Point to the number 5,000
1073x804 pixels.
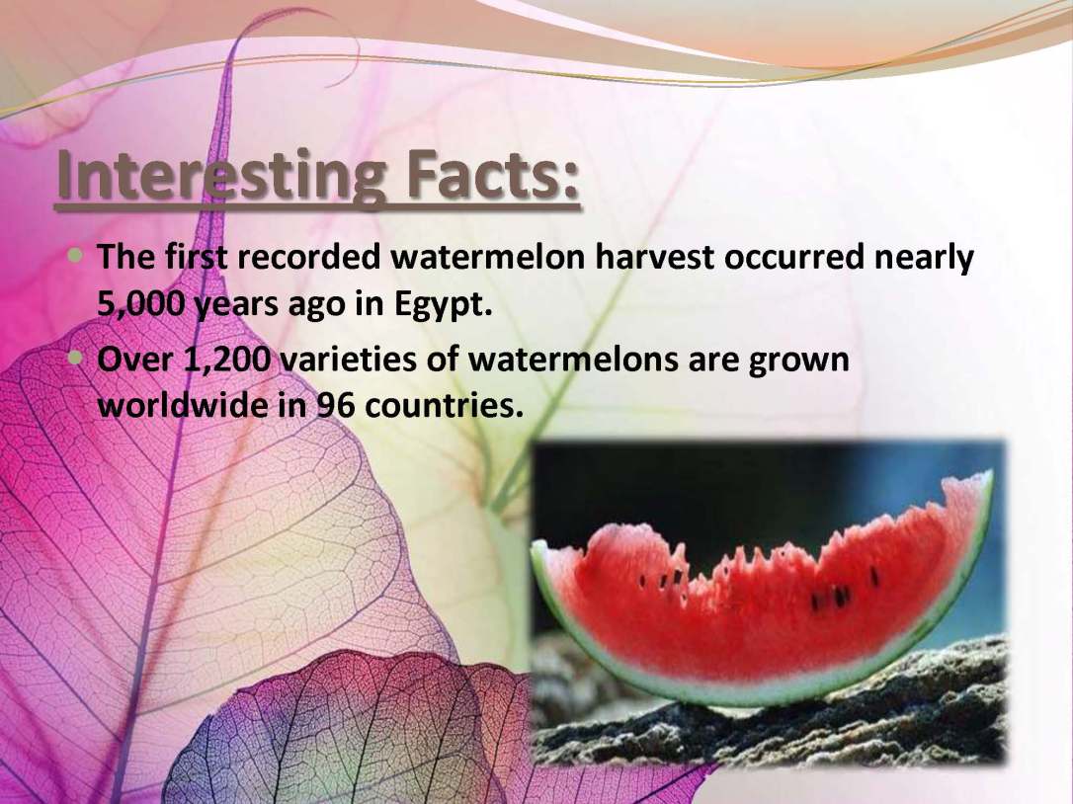coord(140,304)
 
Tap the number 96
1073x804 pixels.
coord(335,407)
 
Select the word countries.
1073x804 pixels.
coord(444,407)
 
